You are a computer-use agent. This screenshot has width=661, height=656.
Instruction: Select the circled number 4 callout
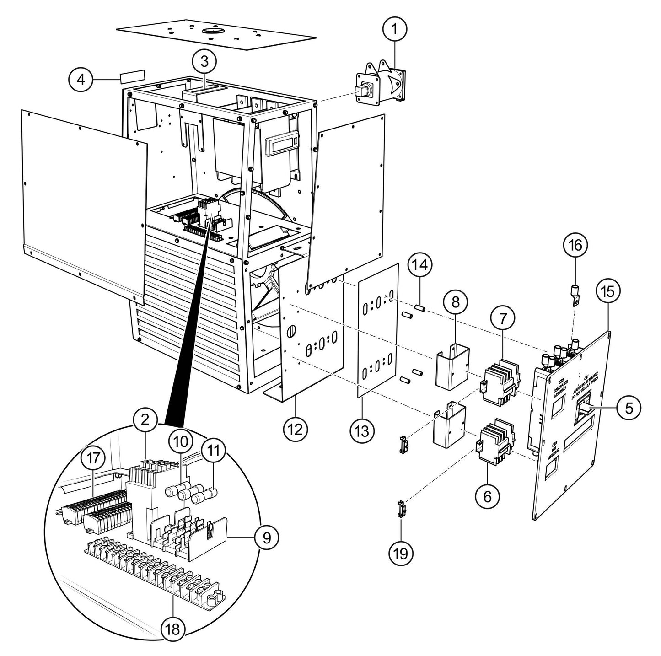click(x=81, y=80)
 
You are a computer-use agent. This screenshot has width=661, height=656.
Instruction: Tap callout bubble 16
click(x=575, y=245)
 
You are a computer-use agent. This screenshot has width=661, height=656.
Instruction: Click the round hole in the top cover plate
click(x=214, y=31)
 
